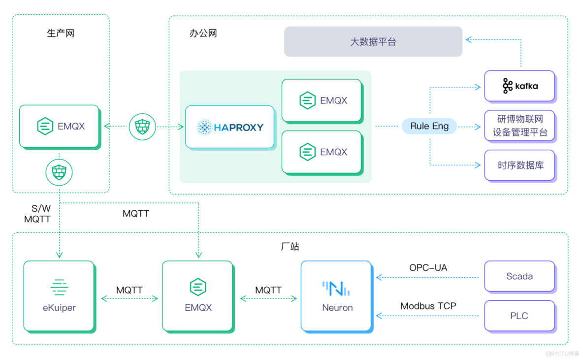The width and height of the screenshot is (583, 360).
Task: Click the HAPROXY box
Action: tap(229, 127)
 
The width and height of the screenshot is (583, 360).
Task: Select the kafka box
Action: tap(519, 86)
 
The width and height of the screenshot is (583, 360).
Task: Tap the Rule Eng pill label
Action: tap(429, 126)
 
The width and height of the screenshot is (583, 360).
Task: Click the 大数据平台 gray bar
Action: tap(373, 42)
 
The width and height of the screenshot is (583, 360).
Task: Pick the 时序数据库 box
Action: tap(519, 165)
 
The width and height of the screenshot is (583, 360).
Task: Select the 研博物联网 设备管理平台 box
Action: tap(519, 126)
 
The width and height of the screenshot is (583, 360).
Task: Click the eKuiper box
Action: tap(59, 295)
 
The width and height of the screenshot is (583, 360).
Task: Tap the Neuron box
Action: tap(337, 295)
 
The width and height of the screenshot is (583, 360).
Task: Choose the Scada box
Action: tap(519, 276)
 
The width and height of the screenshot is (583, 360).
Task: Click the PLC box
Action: tap(519, 316)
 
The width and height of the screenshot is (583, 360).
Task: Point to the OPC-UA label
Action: tap(428, 268)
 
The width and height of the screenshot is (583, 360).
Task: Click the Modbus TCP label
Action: tap(428, 306)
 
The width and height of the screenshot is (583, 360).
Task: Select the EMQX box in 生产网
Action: tap(59, 126)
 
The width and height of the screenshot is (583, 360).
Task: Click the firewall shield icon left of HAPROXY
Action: tap(142, 127)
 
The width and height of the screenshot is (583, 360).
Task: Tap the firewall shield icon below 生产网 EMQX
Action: tap(59, 172)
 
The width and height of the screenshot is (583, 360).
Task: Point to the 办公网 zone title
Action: tap(203, 33)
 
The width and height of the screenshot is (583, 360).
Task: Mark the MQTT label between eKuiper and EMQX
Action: tap(130, 290)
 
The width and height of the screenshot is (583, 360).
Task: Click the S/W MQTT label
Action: tap(37, 214)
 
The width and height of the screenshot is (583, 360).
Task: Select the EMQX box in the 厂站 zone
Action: tap(198, 295)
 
